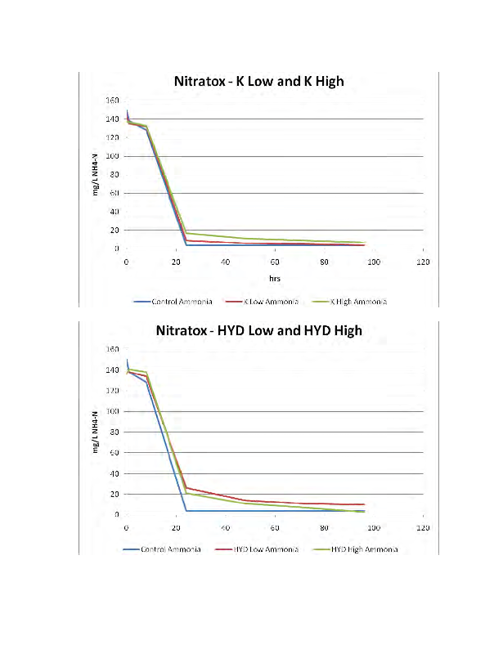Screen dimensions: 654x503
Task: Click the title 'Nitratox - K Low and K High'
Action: [258, 82]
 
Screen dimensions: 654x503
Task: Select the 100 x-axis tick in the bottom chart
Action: [374, 527]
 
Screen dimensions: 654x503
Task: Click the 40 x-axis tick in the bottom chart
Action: [225, 527]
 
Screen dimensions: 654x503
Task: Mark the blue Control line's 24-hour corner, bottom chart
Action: [186, 511]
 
